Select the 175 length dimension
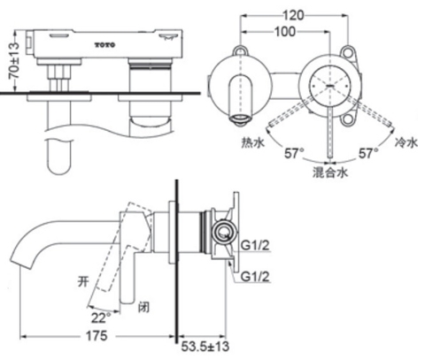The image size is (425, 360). click(97, 338)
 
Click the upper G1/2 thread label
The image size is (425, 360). click(252, 235)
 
